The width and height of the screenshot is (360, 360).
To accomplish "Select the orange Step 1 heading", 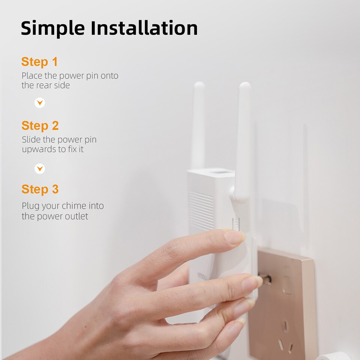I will (40, 62).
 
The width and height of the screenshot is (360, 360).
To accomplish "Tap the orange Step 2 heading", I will (40, 126).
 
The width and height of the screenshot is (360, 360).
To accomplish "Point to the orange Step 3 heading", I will (40, 189).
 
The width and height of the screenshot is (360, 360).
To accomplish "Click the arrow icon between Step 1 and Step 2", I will (40, 103).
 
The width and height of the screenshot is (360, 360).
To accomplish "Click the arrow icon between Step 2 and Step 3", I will (40, 169).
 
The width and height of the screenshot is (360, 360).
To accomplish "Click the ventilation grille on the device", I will (202, 210).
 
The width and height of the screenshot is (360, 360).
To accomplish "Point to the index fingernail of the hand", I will (235, 237).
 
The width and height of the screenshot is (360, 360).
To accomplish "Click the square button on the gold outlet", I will (288, 285).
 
